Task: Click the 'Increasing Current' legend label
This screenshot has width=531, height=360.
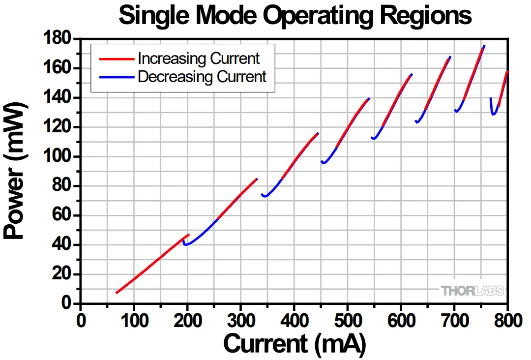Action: click(199, 59)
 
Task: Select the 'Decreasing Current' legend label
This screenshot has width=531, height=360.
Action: click(202, 77)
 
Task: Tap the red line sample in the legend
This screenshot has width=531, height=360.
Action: click(117, 59)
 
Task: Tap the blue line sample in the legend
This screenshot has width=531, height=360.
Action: click(117, 77)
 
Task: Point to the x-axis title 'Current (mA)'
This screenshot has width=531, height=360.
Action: click(295, 344)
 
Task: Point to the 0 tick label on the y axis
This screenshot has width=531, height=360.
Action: click(69, 303)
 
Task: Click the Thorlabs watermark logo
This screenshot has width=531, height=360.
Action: click(472, 291)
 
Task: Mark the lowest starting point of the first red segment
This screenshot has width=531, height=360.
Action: click(117, 293)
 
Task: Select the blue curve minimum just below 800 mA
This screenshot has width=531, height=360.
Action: click(493, 115)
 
